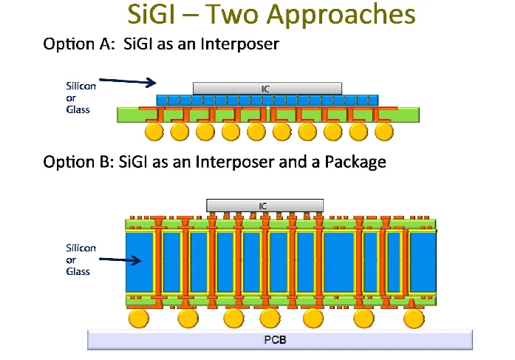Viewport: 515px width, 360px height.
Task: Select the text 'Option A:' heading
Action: point(75,45)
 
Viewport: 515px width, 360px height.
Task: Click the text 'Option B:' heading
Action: point(75,161)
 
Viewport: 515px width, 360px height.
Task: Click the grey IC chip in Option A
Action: point(266,88)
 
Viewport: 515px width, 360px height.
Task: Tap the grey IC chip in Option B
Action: point(264,204)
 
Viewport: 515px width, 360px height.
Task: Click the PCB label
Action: point(279,340)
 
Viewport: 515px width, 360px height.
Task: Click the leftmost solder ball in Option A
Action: point(154,132)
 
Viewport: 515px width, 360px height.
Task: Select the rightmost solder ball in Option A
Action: point(383,132)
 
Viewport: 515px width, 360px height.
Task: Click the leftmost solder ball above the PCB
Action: point(138,319)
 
